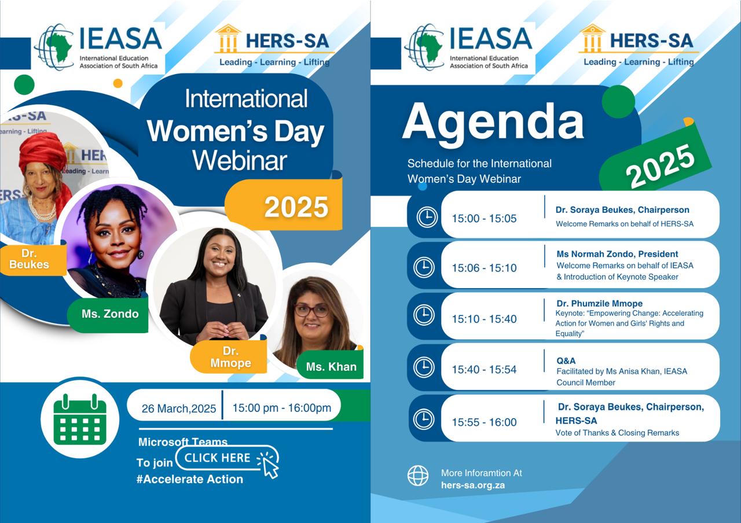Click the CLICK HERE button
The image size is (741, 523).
227,458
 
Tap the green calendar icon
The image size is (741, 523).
80,419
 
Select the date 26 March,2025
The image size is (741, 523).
179,408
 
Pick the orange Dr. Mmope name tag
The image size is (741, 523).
229,357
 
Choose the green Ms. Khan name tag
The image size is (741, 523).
331,365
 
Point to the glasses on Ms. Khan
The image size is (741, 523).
311,310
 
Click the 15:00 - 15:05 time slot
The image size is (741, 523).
484,218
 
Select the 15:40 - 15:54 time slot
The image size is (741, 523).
484,369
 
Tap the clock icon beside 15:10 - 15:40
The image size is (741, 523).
424,316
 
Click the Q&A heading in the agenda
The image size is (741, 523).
566,360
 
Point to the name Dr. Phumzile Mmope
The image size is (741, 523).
599,303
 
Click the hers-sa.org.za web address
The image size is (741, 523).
473,485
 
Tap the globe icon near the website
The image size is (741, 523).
418,476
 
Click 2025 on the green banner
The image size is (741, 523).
660,165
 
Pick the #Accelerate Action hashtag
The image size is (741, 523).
190,479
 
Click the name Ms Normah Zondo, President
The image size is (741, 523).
617,254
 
